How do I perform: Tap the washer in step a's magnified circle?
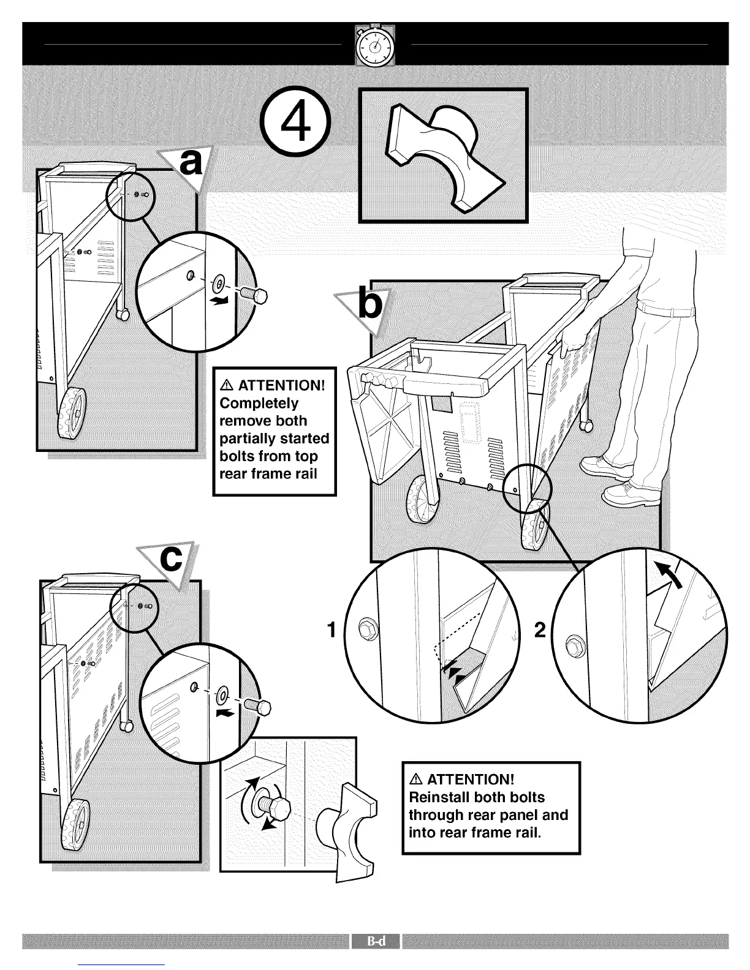click(x=218, y=284)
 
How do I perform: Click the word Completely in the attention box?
click(x=259, y=403)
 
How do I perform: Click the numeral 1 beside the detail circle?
click(x=331, y=630)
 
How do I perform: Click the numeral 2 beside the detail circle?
click(x=539, y=630)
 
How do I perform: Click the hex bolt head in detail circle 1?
click(x=365, y=626)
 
